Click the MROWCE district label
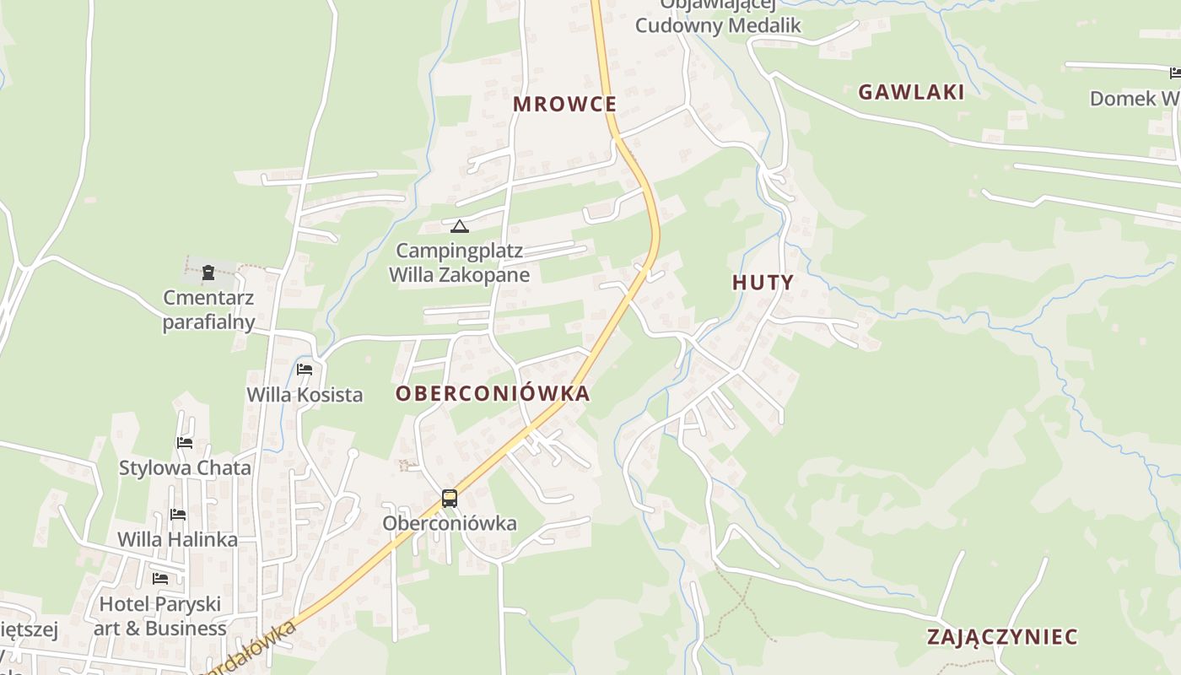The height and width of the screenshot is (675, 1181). point(565,105)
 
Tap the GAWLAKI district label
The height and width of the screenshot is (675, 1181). point(911,93)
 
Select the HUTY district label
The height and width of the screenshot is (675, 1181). point(763,283)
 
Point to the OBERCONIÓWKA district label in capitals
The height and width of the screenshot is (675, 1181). point(493,394)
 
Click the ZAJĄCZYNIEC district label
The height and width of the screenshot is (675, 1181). point(1002,636)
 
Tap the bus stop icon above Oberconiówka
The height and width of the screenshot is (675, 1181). point(450,499)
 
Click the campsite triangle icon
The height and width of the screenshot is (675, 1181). point(459,226)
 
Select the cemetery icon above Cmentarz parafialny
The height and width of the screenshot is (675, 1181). point(208,273)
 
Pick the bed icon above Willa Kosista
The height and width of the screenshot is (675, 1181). point(305,370)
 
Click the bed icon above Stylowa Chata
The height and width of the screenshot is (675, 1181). point(185,442)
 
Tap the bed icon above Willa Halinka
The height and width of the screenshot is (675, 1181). point(177,514)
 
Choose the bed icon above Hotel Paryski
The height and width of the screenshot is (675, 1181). point(160,579)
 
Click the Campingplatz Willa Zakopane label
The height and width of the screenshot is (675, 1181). point(459,262)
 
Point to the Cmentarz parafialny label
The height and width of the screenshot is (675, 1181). point(208,310)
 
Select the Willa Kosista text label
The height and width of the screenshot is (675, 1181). point(305,395)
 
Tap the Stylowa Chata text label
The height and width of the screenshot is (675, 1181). point(185,467)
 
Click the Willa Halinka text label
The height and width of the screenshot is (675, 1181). point(177,539)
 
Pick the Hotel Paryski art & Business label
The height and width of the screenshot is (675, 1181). point(160,616)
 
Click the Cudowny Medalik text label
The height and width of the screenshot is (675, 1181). point(718,25)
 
